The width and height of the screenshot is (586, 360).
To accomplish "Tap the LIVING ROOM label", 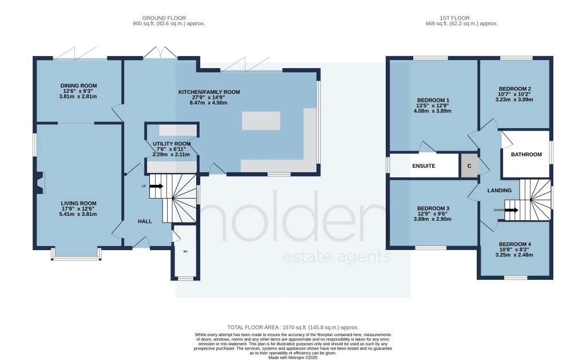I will tap(79, 203).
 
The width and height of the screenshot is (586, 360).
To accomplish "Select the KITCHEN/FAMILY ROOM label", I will tap(209, 92).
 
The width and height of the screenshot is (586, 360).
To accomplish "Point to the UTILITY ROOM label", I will tap(172, 144).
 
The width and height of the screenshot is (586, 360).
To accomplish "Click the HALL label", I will tap(144, 221).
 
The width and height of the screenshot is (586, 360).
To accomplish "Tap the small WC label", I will tap(185, 251).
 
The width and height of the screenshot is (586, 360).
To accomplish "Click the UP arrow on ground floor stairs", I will tap(156, 186).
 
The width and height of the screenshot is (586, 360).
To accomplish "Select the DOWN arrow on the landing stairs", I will tap(510, 210).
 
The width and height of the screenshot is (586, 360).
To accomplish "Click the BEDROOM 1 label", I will tap(433, 100).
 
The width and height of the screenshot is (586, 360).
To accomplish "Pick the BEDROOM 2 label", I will tap(513, 88).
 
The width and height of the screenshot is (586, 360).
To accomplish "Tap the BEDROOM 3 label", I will tap(433, 208).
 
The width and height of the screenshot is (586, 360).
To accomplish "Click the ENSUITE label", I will tap(424, 166).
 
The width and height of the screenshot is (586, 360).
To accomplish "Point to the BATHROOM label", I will tap(526, 155).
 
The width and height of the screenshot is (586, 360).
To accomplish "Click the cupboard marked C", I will tap(469, 166).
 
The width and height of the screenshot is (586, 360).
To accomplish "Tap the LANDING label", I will tap(499, 190).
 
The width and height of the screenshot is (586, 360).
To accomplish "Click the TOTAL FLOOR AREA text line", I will tap(292, 325).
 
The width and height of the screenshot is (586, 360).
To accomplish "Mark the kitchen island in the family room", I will tap(261, 121).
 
